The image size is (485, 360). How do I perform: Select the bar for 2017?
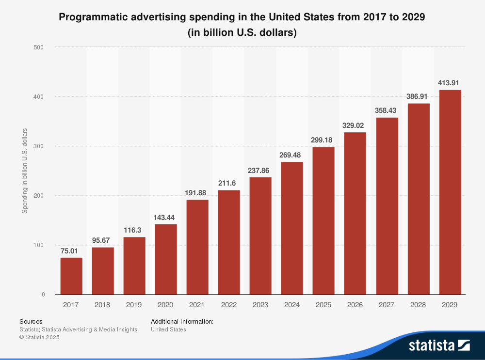(x=71, y=276)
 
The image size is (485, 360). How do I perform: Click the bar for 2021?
(x=197, y=247)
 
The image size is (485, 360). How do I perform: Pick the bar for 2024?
(x=292, y=228)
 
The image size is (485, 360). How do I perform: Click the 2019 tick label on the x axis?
(x=134, y=305)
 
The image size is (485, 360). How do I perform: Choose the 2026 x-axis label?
(x=355, y=305)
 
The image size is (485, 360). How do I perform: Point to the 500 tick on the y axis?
(x=39, y=47)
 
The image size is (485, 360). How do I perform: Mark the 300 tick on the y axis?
(x=39, y=146)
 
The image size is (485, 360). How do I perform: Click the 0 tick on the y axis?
(x=43, y=294)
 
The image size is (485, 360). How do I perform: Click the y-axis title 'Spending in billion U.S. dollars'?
(x=25, y=171)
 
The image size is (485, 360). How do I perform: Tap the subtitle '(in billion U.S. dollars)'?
(x=242, y=33)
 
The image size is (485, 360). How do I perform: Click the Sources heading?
(x=31, y=321)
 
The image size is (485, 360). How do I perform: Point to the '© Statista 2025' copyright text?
(x=39, y=337)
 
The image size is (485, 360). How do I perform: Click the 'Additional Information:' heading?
(x=182, y=321)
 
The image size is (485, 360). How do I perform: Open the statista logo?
(x=439, y=345)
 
